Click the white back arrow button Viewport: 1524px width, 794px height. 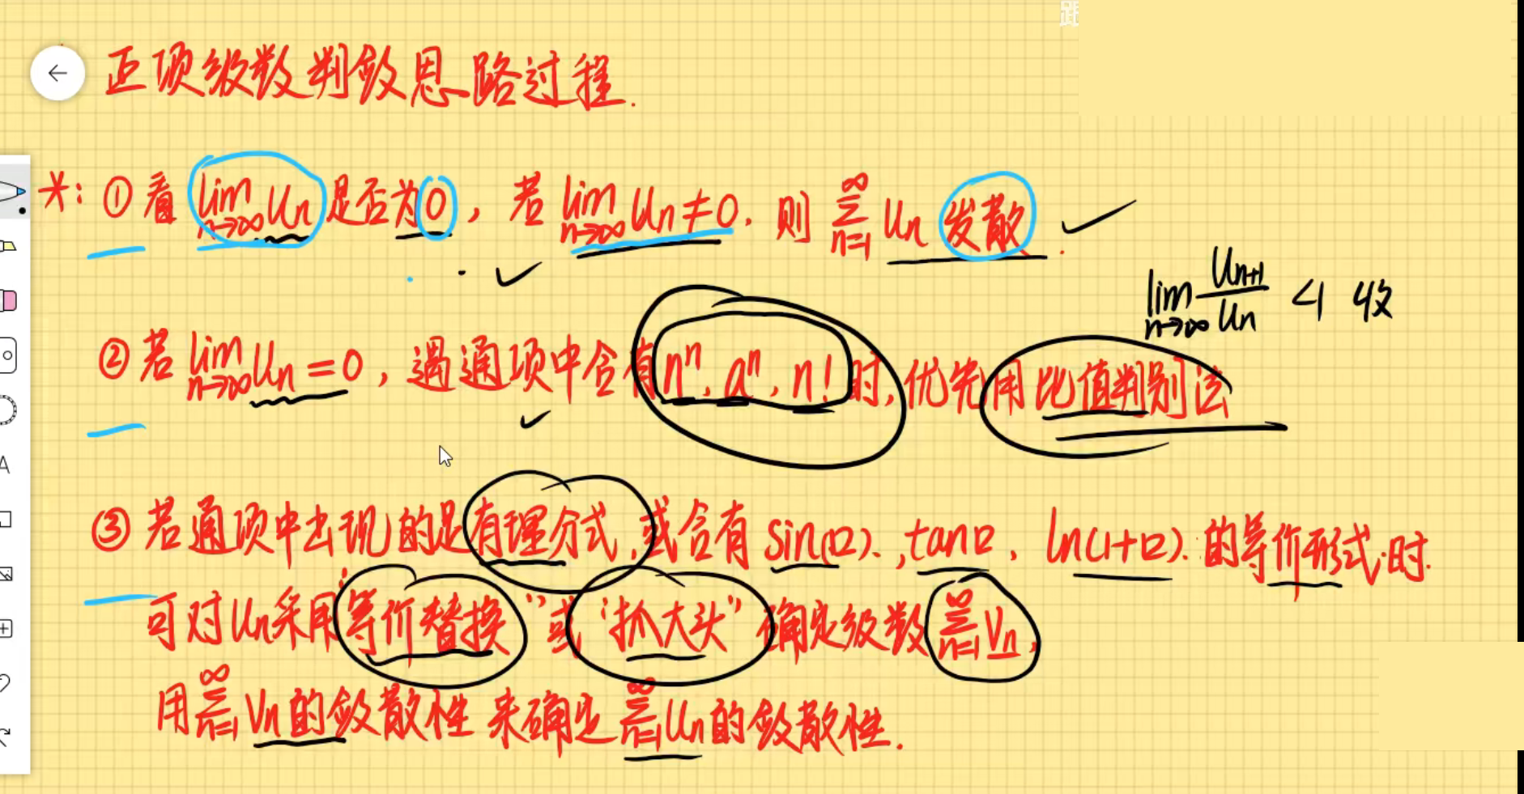pos(57,74)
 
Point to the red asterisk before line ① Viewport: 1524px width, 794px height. pos(55,194)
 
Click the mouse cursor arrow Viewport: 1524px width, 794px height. pos(445,456)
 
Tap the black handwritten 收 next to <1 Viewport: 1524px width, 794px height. pos(1372,301)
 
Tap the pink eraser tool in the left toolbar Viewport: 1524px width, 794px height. pos(9,301)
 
